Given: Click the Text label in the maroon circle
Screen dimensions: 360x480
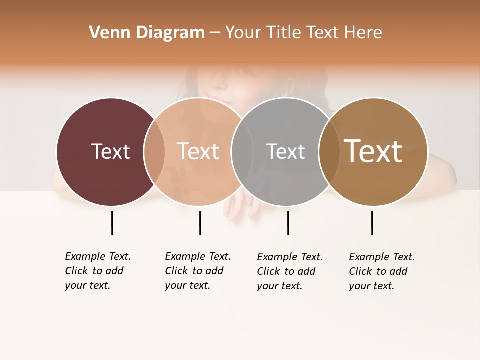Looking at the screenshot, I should [110, 151].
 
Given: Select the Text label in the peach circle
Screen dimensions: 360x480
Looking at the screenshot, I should [198, 151].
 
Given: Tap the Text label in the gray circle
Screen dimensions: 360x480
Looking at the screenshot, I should [285, 151].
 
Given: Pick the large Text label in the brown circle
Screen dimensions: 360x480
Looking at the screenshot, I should [373, 151].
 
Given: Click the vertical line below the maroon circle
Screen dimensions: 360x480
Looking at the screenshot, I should [112, 223].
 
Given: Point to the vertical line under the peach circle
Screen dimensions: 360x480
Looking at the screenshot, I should [200, 223].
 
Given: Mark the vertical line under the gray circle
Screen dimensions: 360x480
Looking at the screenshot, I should [288, 223].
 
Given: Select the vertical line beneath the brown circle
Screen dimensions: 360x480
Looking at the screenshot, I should [372, 223].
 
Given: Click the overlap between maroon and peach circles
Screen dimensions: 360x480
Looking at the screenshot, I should [154, 151].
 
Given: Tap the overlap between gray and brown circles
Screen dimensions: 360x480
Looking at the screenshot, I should [328, 151].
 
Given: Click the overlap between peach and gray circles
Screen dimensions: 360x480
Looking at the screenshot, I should [242, 151].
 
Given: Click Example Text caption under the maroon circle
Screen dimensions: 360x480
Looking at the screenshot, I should [98, 271].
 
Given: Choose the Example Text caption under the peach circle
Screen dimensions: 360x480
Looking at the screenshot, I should [198, 271].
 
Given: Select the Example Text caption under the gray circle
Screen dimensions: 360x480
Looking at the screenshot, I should [290, 271].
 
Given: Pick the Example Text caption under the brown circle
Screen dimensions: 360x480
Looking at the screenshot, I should [382, 271].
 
